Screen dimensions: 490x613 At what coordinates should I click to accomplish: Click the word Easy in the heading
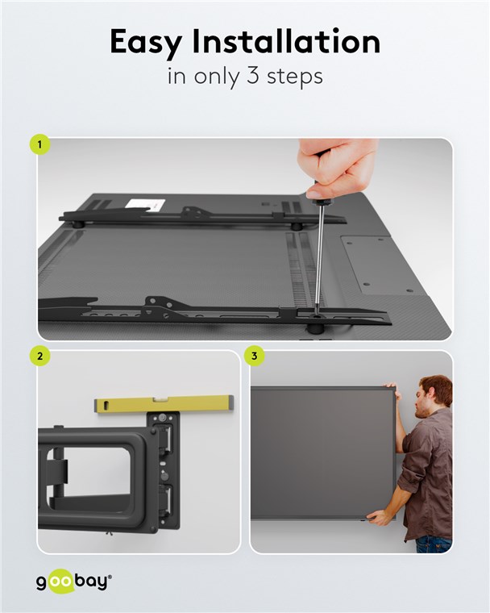pyautogui.click(x=146, y=42)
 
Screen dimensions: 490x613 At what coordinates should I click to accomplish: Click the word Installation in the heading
pyautogui.click(x=286, y=40)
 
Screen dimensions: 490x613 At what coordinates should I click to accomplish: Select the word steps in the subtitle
pyautogui.click(x=295, y=77)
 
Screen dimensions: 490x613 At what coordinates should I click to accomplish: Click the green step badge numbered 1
pyautogui.click(x=39, y=144)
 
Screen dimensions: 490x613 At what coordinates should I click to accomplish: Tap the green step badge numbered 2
pyautogui.click(x=39, y=357)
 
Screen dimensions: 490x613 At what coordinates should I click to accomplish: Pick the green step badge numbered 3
pyautogui.click(x=255, y=357)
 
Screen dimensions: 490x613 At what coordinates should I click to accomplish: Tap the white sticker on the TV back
pyautogui.click(x=145, y=204)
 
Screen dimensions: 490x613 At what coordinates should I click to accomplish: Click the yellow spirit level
pyautogui.click(x=164, y=404)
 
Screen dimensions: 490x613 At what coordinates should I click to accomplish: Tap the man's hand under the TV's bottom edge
pyautogui.click(x=376, y=519)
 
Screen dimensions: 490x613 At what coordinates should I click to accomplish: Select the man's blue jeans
pyautogui.click(x=434, y=544)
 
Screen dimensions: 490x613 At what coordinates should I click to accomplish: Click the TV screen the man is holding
pyautogui.click(x=322, y=453)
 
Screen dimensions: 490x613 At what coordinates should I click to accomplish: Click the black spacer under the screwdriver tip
pyautogui.click(x=315, y=327)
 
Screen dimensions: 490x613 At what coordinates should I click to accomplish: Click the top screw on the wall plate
pyautogui.click(x=161, y=418)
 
